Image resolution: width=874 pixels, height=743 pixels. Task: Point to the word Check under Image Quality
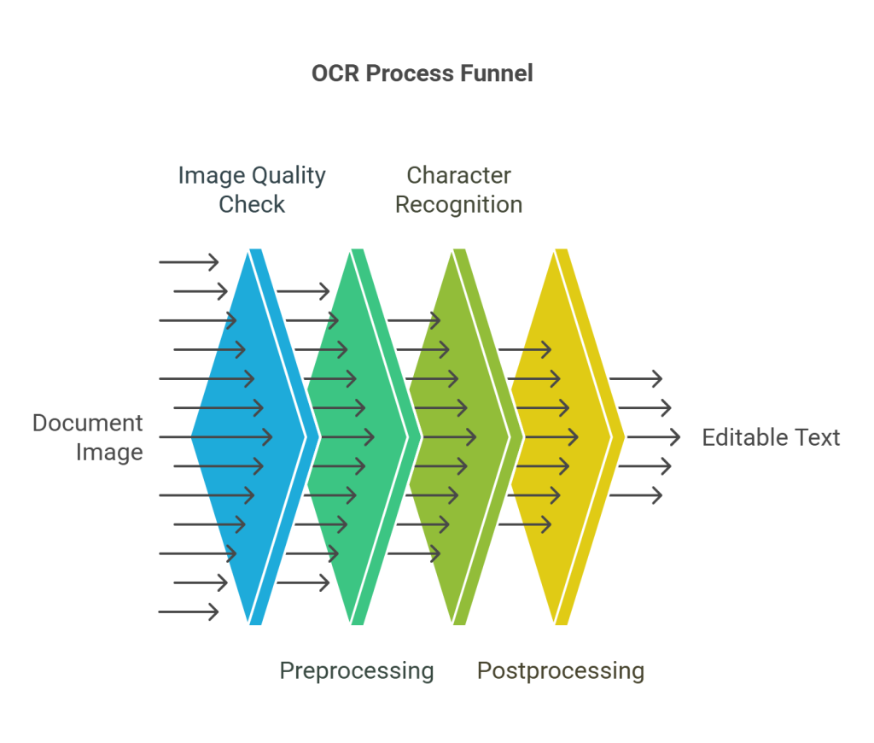click(252, 205)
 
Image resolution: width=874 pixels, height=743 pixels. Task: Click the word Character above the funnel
click(458, 176)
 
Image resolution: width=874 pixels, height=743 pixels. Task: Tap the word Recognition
click(458, 205)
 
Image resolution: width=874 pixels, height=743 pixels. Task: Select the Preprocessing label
click(357, 671)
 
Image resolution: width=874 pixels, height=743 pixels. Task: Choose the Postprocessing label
click(560, 671)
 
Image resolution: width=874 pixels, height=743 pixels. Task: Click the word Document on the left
click(87, 424)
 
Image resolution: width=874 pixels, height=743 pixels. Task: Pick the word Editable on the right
click(737, 438)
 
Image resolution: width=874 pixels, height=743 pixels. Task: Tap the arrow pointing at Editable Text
click(653, 437)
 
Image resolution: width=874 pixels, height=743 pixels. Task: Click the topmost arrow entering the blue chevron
click(189, 262)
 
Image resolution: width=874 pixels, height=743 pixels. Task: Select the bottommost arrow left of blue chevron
click(189, 611)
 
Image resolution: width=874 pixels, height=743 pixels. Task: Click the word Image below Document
click(109, 453)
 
